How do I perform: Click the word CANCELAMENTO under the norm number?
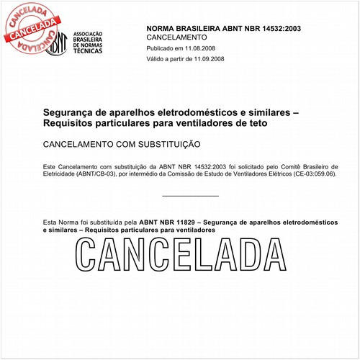tap(176, 37)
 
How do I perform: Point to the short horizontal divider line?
tap(190, 196)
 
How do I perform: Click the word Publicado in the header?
tap(162, 49)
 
